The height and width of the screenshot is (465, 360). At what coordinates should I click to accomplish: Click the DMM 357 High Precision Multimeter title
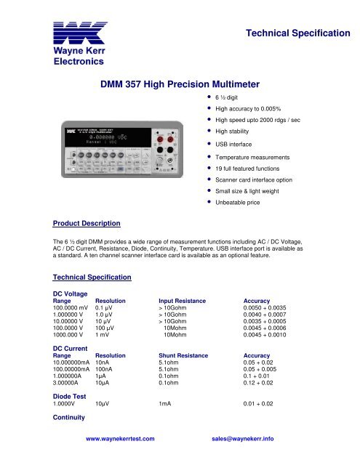point(179,85)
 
